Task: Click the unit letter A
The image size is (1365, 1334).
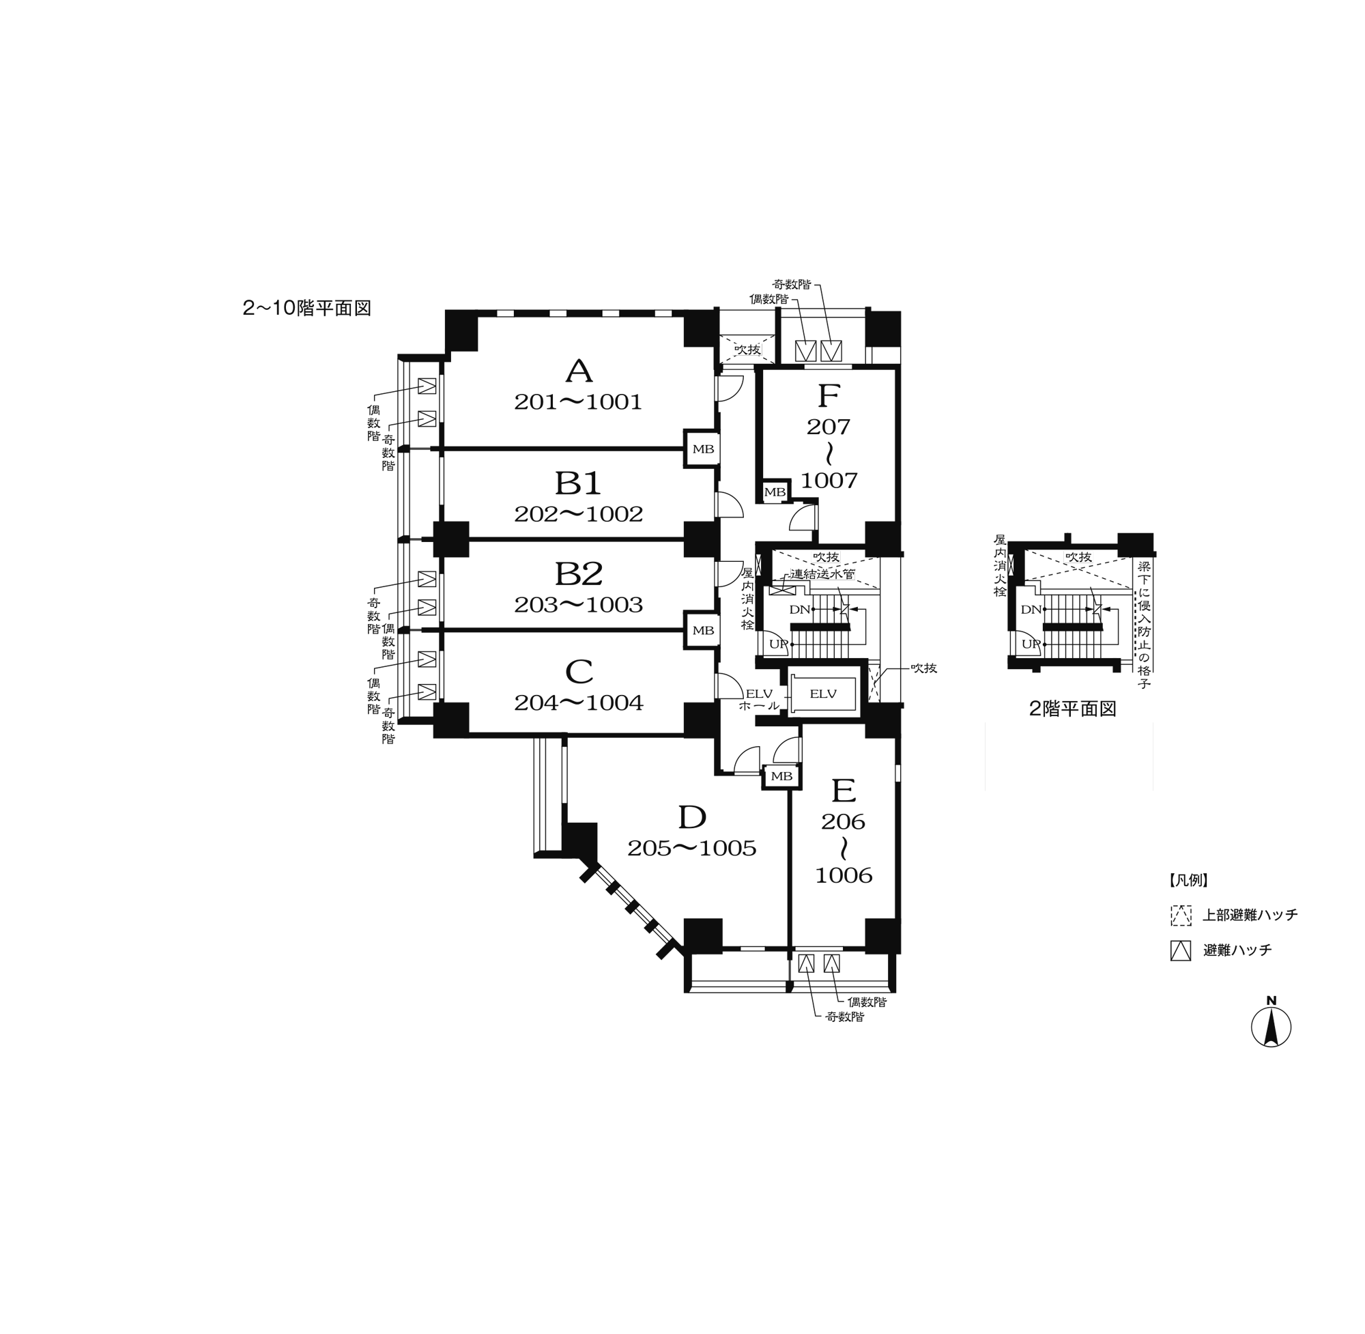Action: [x=579, y=371]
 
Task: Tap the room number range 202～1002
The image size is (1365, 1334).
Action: [x=579, y=514]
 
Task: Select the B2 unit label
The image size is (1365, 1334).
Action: [x=579, y=574]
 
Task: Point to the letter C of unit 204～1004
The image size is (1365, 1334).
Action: [x=579, y=672]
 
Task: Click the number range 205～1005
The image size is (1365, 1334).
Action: [x=692, y=849]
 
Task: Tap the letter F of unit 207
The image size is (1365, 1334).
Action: [x=829, y=397]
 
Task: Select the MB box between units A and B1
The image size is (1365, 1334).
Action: [x=702, y=449]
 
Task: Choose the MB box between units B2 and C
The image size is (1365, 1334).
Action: [x=702, y=631]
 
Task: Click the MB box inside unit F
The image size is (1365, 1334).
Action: [x=775, y=492]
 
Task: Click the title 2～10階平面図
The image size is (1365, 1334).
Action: [x=306, y=309]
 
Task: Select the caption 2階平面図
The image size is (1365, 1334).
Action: [x=1072, y=709]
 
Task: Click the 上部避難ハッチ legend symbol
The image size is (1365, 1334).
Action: [x=1181, y=915]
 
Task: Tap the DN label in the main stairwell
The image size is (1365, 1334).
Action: [x=799, y=610]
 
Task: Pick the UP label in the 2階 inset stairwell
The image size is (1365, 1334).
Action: [x=1030, y=644]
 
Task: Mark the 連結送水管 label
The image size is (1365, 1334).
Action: [x=823, y=574]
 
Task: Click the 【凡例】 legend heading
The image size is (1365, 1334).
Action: [x=1188, y=880]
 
